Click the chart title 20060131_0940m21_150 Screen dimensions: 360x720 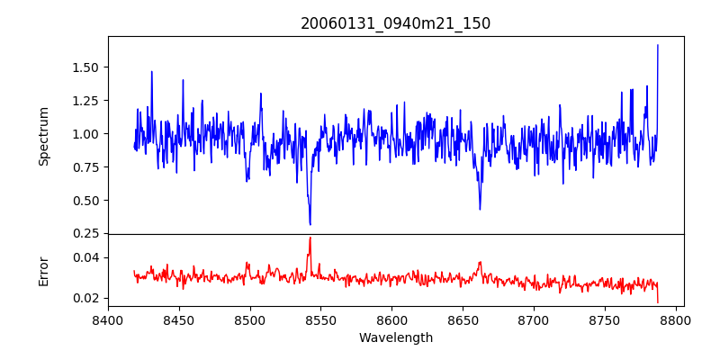(395, 23)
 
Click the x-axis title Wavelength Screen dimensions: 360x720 (395, 337)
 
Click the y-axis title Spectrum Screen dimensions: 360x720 (43, 136)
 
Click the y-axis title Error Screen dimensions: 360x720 (43, 271)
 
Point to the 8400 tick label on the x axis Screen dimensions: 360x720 (108, 319)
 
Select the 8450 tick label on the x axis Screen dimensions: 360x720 (179, 319)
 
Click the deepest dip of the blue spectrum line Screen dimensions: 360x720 (310, 224)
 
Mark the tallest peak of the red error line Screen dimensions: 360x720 (310, 238)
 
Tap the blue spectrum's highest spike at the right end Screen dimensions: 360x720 (658, 45)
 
